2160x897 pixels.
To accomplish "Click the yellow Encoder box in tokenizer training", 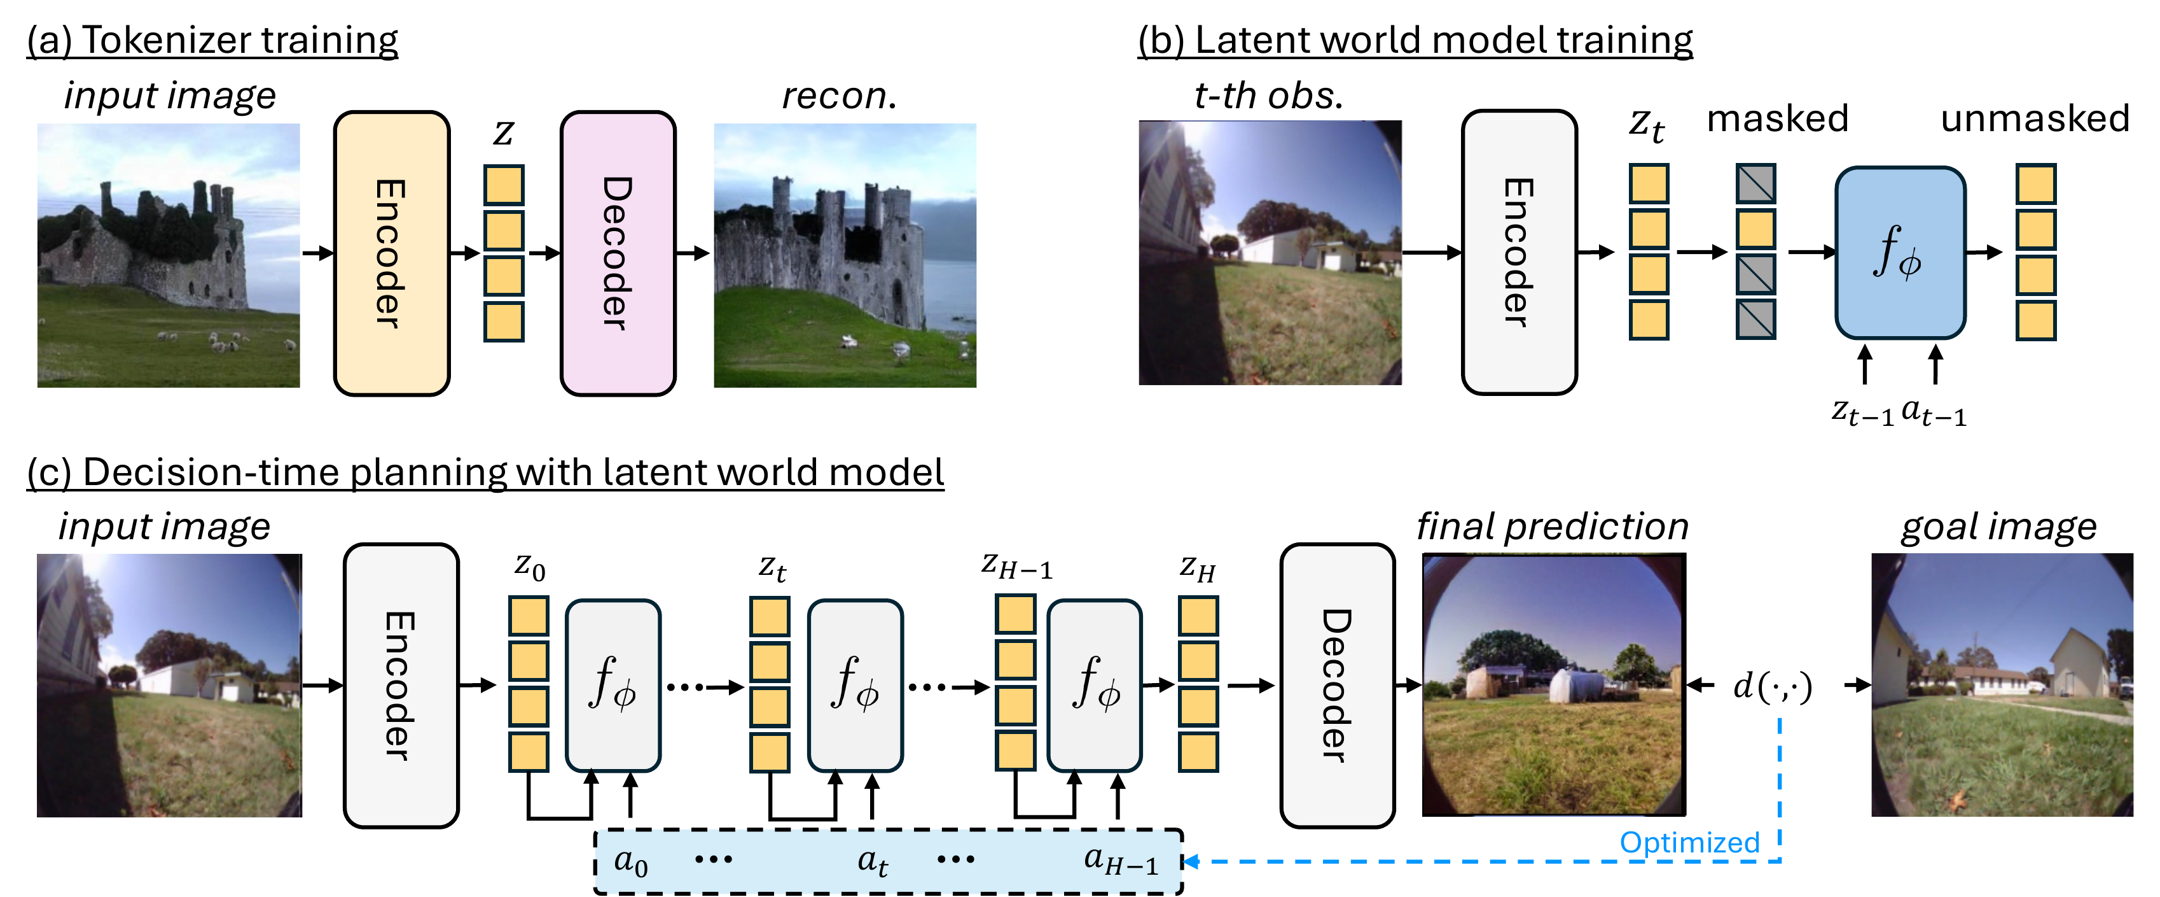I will (x=392, y=253).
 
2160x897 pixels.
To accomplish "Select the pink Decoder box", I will (x=618, y=253).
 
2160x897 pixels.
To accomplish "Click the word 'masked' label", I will (x=1777, y=118).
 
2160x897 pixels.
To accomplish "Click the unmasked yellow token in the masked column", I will (x=1755, y=229).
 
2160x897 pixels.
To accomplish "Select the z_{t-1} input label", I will (x=1862, y=412).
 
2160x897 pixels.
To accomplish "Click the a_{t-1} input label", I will (x=1933, y=412).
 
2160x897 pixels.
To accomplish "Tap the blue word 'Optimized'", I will (x=1688, y=842).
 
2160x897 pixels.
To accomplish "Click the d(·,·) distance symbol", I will (x=1772, y=686).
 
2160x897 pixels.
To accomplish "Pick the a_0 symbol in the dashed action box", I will (x=630, y=861).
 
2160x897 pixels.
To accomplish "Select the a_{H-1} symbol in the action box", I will (x=1120, y=861).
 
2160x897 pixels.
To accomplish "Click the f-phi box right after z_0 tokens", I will (x=613, y=686).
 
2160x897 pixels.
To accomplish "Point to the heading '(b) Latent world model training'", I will (x=1415, y=39).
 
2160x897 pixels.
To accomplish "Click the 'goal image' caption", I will (x=1998, y=527).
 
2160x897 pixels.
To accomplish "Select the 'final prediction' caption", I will (x=1552, y=527).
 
